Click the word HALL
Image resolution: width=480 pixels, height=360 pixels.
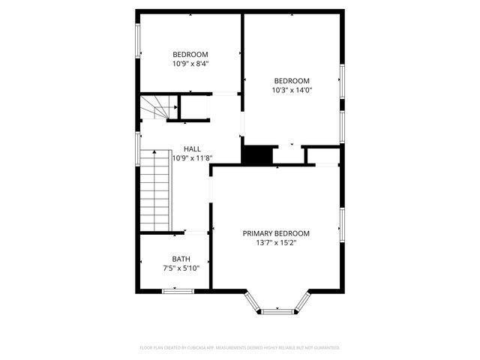pos(192,148)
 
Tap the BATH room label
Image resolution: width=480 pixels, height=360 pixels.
pos(181,259)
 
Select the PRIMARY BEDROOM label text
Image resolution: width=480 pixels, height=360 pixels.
pos(276,233)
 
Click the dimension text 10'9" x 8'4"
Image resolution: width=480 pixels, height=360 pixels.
pos(190,64)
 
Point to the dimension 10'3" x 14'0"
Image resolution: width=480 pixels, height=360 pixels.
pos(292,90)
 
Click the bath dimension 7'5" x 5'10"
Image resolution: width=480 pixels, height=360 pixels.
pos(181,268)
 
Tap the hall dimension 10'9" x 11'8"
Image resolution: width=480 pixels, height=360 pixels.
pos(193,158)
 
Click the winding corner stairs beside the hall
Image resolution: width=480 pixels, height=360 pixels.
pos(156,109)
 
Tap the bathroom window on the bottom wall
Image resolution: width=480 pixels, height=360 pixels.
pos(178,289)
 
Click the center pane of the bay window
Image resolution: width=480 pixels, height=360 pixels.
pos(277,308)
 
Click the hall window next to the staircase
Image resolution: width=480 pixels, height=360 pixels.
pos(137,147)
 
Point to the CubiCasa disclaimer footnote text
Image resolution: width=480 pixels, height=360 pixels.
pos(240,348)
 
